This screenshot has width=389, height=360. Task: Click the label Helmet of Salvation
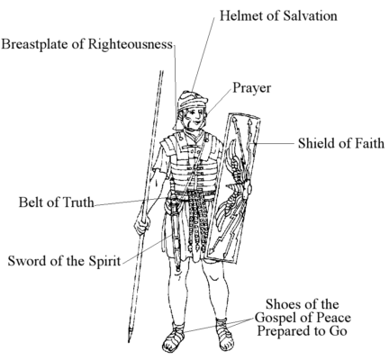pos(278,16)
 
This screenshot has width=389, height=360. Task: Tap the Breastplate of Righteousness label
pos(87,44)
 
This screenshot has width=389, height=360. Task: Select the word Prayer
pos(252,88)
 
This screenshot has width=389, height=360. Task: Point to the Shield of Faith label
pos(341,143)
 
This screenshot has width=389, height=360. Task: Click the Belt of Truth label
pos(57,202)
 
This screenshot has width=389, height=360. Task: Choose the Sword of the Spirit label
pos(64,261)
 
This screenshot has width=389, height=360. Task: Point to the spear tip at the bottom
pos(130,335)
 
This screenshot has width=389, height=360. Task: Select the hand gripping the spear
pos(142,223)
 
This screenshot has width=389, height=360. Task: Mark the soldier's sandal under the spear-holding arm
pos(174,338)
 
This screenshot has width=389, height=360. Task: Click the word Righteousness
pos(131,44)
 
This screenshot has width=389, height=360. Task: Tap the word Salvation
pos(310,16)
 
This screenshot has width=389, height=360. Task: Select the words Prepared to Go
pos(303,331)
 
